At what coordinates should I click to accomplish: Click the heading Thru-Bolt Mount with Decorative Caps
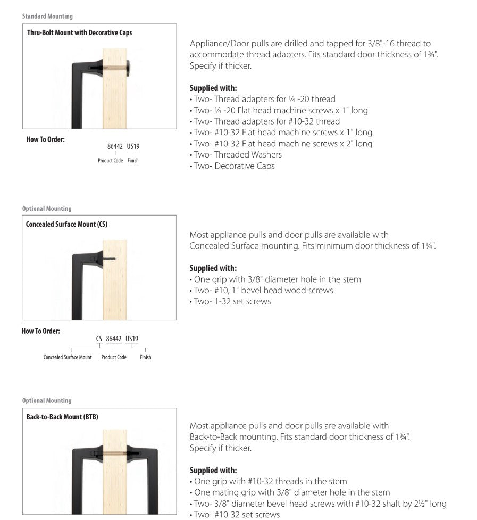(79, 32)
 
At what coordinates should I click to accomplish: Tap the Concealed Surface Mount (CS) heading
(66, 224)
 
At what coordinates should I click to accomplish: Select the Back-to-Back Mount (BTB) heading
(62, 417)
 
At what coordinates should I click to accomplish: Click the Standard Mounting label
(47, 16)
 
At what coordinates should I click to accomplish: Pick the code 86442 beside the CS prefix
(114, 339)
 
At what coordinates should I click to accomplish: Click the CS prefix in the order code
(99, 339)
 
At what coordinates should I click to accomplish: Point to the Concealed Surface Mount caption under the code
(68, 357)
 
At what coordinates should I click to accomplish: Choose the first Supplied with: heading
(213, 88)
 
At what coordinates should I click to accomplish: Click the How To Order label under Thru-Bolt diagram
(45, 140)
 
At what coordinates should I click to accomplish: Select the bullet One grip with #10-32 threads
(270, 481)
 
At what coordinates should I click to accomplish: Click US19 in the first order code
(133, 146)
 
